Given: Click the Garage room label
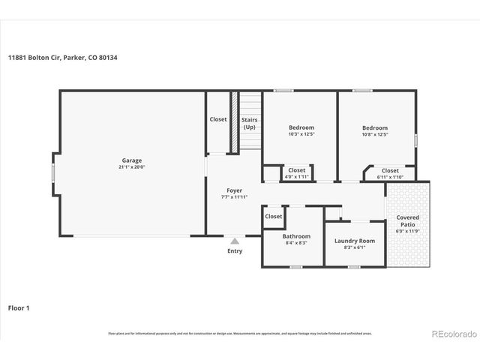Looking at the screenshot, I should click(132, 160).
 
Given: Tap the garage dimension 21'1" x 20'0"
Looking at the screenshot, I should click(132, 167).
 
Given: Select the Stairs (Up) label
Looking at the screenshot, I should click(249, 123).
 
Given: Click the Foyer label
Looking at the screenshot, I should click(234, 190).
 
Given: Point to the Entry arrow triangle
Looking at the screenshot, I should click(235, 241).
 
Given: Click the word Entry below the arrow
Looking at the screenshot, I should click(235, 251).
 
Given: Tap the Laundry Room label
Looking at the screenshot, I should click(354, 241).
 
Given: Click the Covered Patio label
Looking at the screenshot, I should click(408, 221).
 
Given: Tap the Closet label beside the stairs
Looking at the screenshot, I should click(218, 119).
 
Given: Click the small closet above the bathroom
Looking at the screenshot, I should click(273, 216).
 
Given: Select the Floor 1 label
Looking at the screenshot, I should click(19, 307).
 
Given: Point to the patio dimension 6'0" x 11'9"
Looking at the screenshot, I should click(408, 231).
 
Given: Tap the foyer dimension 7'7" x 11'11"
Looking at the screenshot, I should click(234, 198).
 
